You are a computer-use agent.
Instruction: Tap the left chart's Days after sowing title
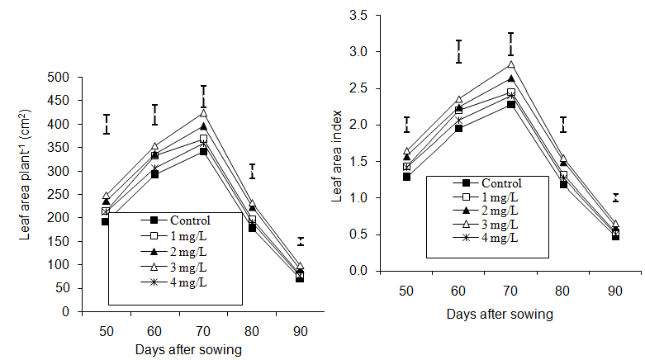click(188, 349)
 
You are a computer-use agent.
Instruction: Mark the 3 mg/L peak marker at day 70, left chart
click(204, 113)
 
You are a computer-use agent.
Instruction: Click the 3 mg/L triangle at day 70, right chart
click(510, 65)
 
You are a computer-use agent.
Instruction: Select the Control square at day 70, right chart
click(510, 104)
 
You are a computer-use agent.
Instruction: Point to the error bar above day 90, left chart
click(301, 241)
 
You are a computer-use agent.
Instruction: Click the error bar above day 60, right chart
click(458, 51)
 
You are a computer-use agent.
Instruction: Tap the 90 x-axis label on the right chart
click(615, 292)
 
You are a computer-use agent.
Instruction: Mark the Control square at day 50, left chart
click(106, 221)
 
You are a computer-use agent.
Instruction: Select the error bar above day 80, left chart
click(252, 171)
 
